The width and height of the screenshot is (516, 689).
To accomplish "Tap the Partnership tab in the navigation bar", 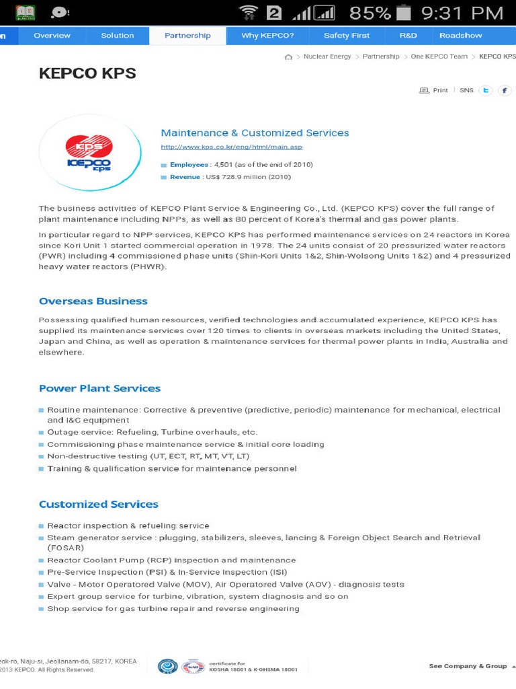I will (187, 36).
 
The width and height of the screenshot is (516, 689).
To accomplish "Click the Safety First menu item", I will (346, 36).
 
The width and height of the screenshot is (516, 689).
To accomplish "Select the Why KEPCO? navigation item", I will (267, 36).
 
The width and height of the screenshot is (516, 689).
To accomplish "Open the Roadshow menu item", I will (460, 36).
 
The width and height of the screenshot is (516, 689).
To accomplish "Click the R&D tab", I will (408, 36).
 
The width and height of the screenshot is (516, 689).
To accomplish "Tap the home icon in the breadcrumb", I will (288, 57).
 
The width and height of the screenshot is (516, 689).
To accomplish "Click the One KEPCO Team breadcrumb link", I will (439, 57).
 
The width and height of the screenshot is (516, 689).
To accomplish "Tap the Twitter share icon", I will (485, 90).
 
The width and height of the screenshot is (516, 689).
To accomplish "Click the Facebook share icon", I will (503, 90).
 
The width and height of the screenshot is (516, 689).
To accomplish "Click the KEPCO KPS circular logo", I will (89, 153).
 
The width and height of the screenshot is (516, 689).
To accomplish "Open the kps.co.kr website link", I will (232, 147).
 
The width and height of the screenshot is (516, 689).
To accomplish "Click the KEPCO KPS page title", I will (87, 73).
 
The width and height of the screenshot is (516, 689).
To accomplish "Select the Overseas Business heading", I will (93, 301).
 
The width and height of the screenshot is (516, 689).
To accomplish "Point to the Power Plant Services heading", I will (99, 388).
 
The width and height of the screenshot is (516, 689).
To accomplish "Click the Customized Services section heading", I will (98, 504).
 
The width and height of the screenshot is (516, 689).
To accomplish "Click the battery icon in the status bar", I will (403, 13).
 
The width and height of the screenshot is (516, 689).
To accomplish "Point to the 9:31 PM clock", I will (462, 13).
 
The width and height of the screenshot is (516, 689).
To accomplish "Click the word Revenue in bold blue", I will (185, 177).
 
